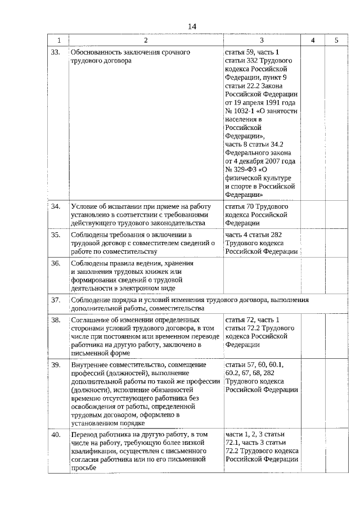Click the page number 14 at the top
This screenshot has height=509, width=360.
(x=192, y=27)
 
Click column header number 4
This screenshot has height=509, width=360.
(x=313, y=40)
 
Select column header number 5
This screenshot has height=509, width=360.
(x=336, y=40)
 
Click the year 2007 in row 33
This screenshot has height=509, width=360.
(x=272, y=161)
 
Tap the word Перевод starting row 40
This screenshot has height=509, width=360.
(x=84, y=435)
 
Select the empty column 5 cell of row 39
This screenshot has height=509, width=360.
(x=336, y=394)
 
